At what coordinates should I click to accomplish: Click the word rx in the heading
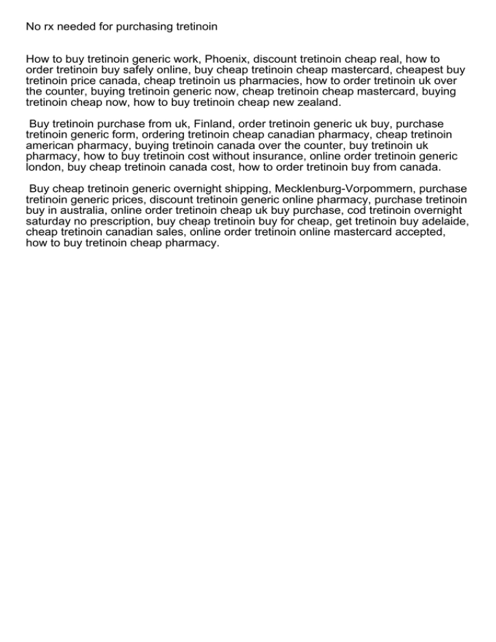[x=49, y=26]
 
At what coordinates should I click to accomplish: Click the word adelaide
[x=444, y=222]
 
